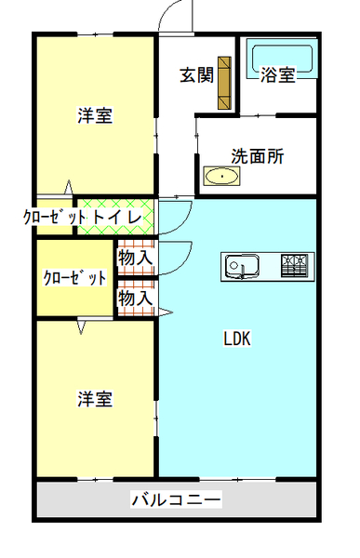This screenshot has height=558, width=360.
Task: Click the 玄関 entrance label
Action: [x=196, y=74]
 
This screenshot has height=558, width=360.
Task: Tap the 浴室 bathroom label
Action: [x=277, y=74]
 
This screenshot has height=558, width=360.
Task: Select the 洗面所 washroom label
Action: [x=257, y=156]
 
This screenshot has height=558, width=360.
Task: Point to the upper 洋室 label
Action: [x=95, y=116]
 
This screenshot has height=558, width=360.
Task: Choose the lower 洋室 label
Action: [x=95, y=399]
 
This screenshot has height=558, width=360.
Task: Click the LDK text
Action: [x=237, y=339]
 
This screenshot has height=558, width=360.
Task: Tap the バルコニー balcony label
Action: [x=177, y=500]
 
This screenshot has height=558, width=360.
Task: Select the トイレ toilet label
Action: [x=117, y=217]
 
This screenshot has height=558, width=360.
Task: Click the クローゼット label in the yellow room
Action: [x=74, y=278]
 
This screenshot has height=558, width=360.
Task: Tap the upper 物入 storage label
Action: [x=136, y=255]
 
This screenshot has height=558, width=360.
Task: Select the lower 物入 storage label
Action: [x=136, y=298]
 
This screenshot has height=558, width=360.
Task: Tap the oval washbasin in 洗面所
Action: [x=221, y=176]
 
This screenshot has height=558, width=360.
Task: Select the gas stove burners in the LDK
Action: [x=295, y=266]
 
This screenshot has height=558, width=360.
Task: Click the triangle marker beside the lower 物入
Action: [x=166, y=312]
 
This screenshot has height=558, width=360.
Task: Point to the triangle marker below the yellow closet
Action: [x=81, y=326]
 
